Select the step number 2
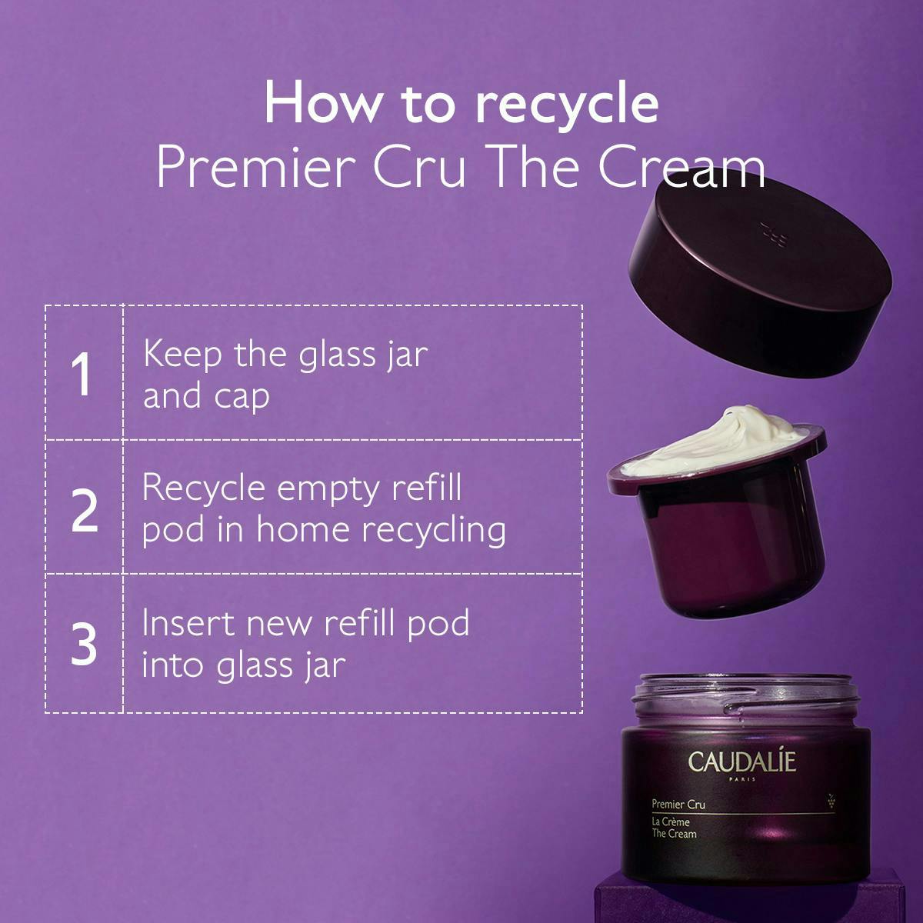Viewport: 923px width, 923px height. click(85, 509)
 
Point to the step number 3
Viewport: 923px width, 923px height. click(84, 644)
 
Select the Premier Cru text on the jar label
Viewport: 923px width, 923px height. click(678, 805)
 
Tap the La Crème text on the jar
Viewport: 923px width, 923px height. click(671, 822)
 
